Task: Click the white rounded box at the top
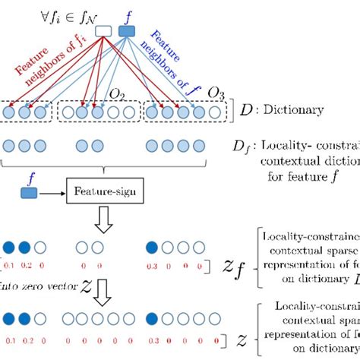tap(105, 31)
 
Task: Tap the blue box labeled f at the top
tap(126, 31)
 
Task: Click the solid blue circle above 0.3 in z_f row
tap(153, 247)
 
